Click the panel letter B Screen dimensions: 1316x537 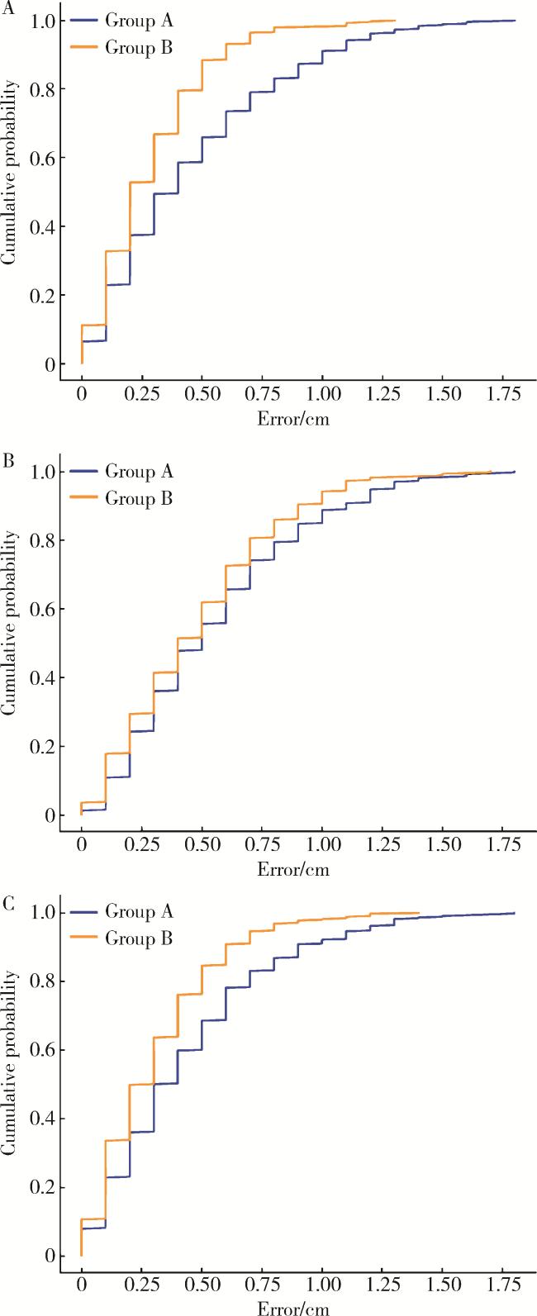(8, 460)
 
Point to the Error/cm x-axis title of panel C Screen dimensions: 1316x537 (294, 1308)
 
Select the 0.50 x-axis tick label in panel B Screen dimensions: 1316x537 (202, 846)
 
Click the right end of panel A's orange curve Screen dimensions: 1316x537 (395, 21)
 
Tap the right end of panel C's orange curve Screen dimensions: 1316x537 (419, 913)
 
